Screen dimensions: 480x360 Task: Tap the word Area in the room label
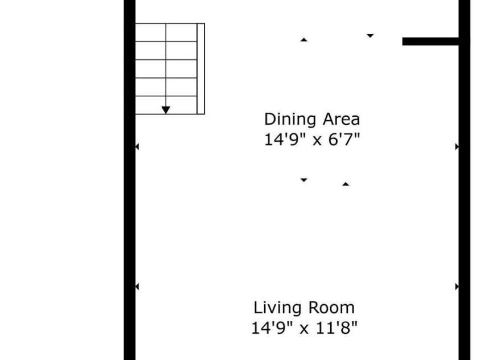342,119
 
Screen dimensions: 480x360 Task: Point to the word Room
331,308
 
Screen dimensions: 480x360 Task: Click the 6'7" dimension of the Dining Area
344,140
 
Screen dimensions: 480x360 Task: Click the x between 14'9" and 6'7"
317,141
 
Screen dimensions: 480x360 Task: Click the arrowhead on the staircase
166,110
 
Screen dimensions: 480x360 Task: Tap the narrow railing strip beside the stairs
201,68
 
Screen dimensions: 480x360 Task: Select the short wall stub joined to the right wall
430,42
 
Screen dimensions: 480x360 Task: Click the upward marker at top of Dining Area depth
303,40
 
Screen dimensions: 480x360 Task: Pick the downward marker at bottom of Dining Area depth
303,180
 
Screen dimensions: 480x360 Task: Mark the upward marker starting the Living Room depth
346,184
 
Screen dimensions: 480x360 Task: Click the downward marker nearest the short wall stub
370,36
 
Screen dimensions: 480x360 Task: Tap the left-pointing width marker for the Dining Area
137,147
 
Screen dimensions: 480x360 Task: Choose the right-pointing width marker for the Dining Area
457,147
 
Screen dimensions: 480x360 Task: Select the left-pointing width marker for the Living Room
137,287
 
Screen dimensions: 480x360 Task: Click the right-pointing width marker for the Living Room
457,287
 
